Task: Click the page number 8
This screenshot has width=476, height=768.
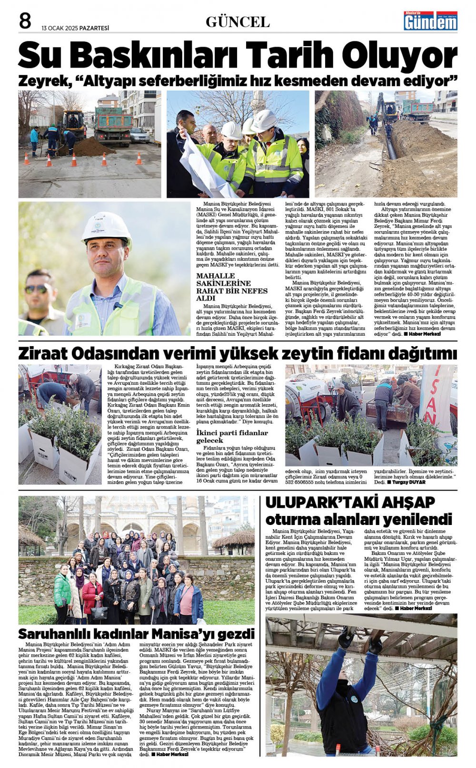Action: coord(25,21)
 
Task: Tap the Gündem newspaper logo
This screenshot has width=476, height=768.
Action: coord(430,21)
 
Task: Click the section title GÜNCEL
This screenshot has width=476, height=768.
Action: coord(238,22)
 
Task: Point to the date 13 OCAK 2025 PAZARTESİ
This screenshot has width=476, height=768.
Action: coord(75,28)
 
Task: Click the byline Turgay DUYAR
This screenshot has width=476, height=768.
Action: coord(408,482)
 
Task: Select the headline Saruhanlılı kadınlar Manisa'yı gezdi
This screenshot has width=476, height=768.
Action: coord(136,634)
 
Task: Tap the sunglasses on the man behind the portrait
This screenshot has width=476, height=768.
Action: coord(37,289)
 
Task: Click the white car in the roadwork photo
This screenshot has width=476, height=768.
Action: coord(139,135)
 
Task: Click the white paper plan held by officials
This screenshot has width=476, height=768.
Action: coord(205,167)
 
